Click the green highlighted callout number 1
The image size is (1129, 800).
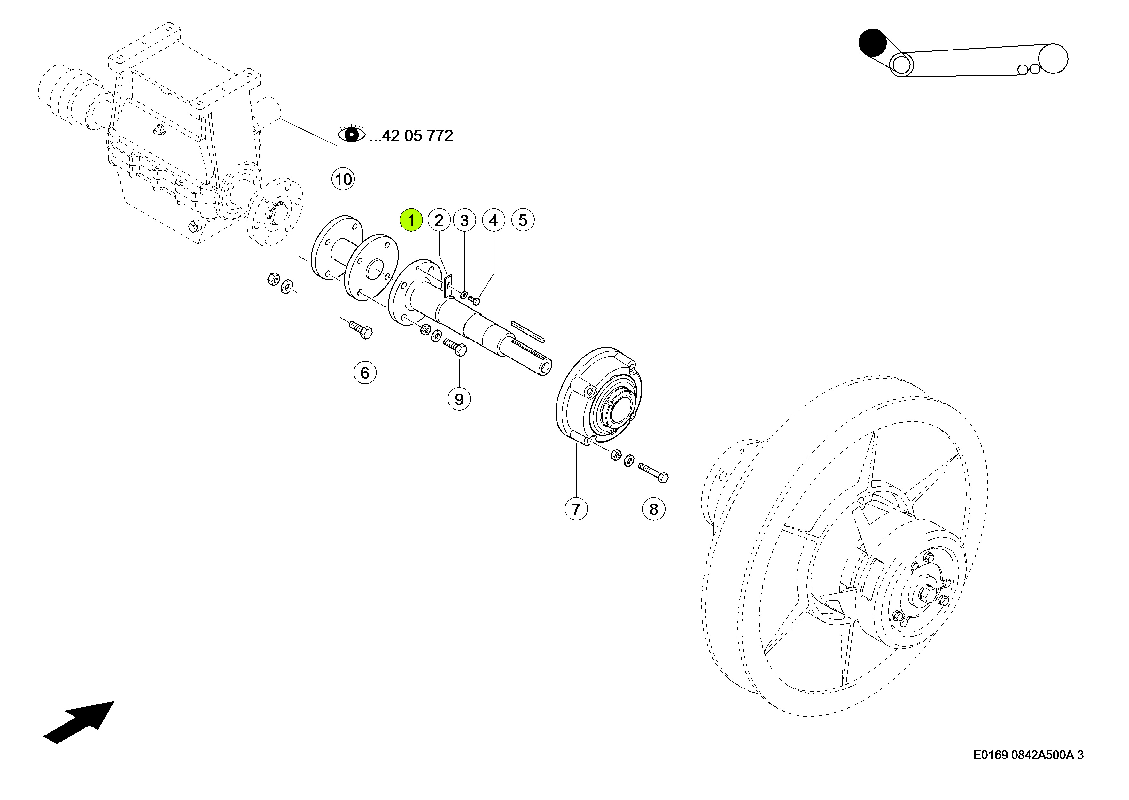(x=411, y=220)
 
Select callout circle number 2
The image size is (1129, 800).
(x=439, y=220)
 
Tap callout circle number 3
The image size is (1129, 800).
(x=464, y=220)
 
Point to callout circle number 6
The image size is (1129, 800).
(x=365, y=373)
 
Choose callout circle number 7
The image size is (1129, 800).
(x=576, y=509)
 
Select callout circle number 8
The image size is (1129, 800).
(x=653, y=509)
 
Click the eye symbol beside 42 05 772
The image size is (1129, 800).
(x=351, y=134)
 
